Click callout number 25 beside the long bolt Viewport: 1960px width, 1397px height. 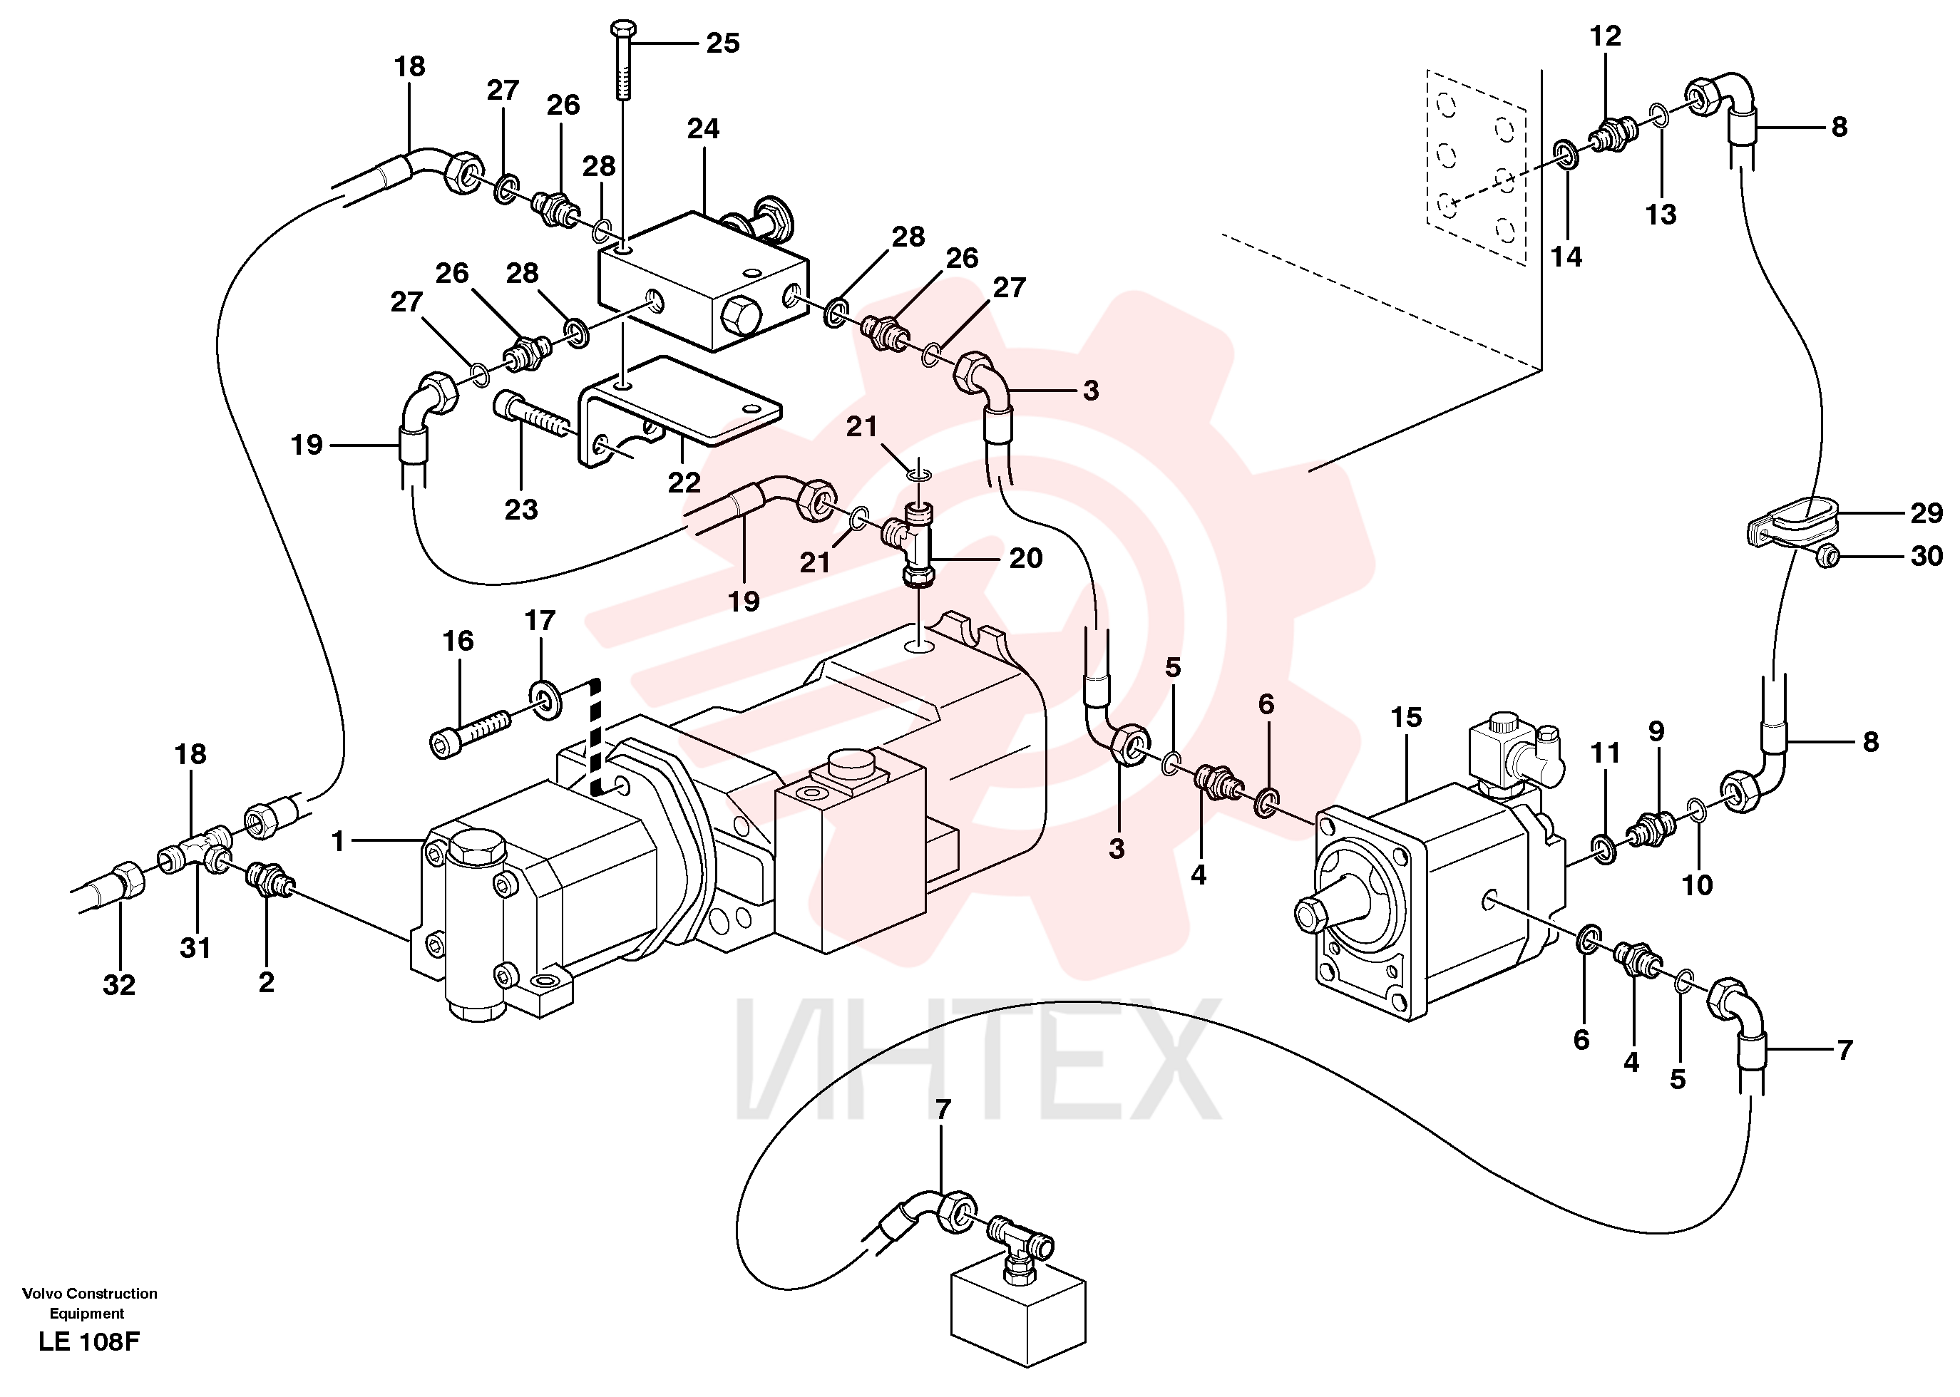tap(723, 43)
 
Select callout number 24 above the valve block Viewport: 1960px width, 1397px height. tap(703, 129)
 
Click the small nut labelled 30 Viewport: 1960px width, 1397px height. tap(1827, 557)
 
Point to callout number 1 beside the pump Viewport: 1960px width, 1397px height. tap(338, 840)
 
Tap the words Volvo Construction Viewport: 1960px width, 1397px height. tap(90, 1293)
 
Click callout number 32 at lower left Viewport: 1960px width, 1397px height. tap(119, 985)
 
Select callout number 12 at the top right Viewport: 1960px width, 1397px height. tap(1606, 36)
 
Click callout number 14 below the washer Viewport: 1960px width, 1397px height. tap(1566, 257)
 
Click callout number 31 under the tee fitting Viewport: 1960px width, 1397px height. tap(195, 947)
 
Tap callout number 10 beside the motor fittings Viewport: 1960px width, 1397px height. tap(1698, 885)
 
